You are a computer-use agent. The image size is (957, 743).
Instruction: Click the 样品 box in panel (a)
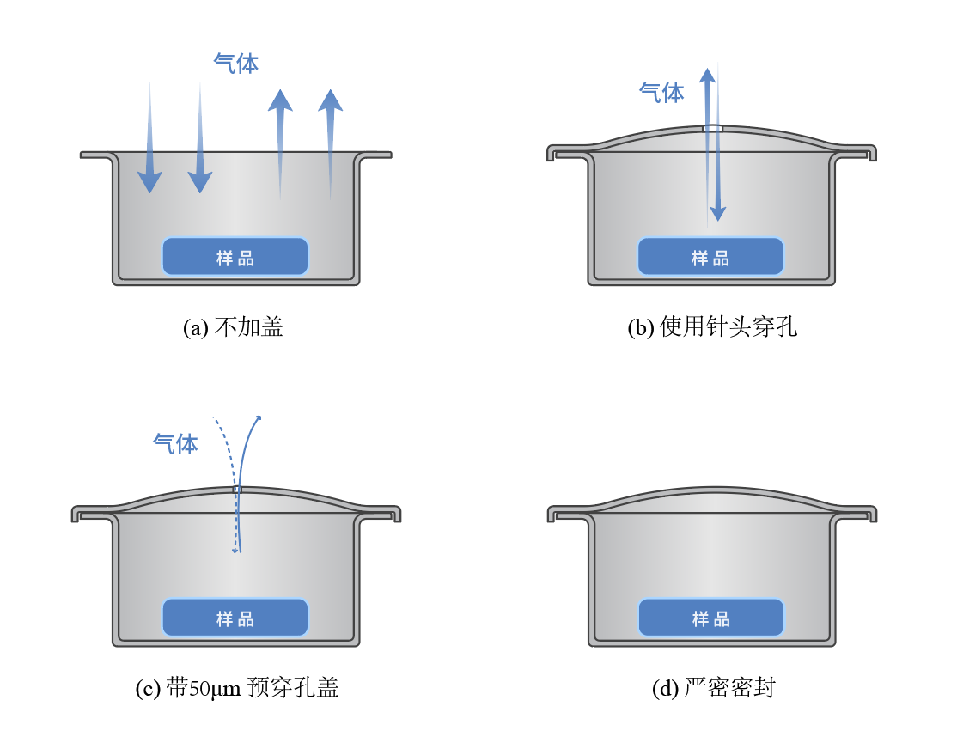click(235, 257)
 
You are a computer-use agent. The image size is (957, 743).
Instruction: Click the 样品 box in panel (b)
click(710, 257)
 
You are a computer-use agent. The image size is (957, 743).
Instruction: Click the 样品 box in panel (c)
click(235, 618)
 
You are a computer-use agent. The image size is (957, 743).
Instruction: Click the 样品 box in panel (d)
click(710, 618)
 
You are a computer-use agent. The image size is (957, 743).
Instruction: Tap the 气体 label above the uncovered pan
click(235, 63)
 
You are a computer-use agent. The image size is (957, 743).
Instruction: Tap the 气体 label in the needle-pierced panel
click(661, 93)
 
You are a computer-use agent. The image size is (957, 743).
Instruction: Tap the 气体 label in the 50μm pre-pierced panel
click(175, 443)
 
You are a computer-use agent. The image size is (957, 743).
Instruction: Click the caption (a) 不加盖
click(233, 328)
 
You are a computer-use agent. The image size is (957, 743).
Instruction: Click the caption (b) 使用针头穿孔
click(712, 328)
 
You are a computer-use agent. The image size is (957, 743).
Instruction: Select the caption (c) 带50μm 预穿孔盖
click(237, 688)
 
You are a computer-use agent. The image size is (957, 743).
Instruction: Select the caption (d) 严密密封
click(713, 688)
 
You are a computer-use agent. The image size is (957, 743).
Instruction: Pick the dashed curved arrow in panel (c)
click(228, 481)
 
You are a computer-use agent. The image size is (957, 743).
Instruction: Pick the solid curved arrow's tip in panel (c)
click(258, 417)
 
